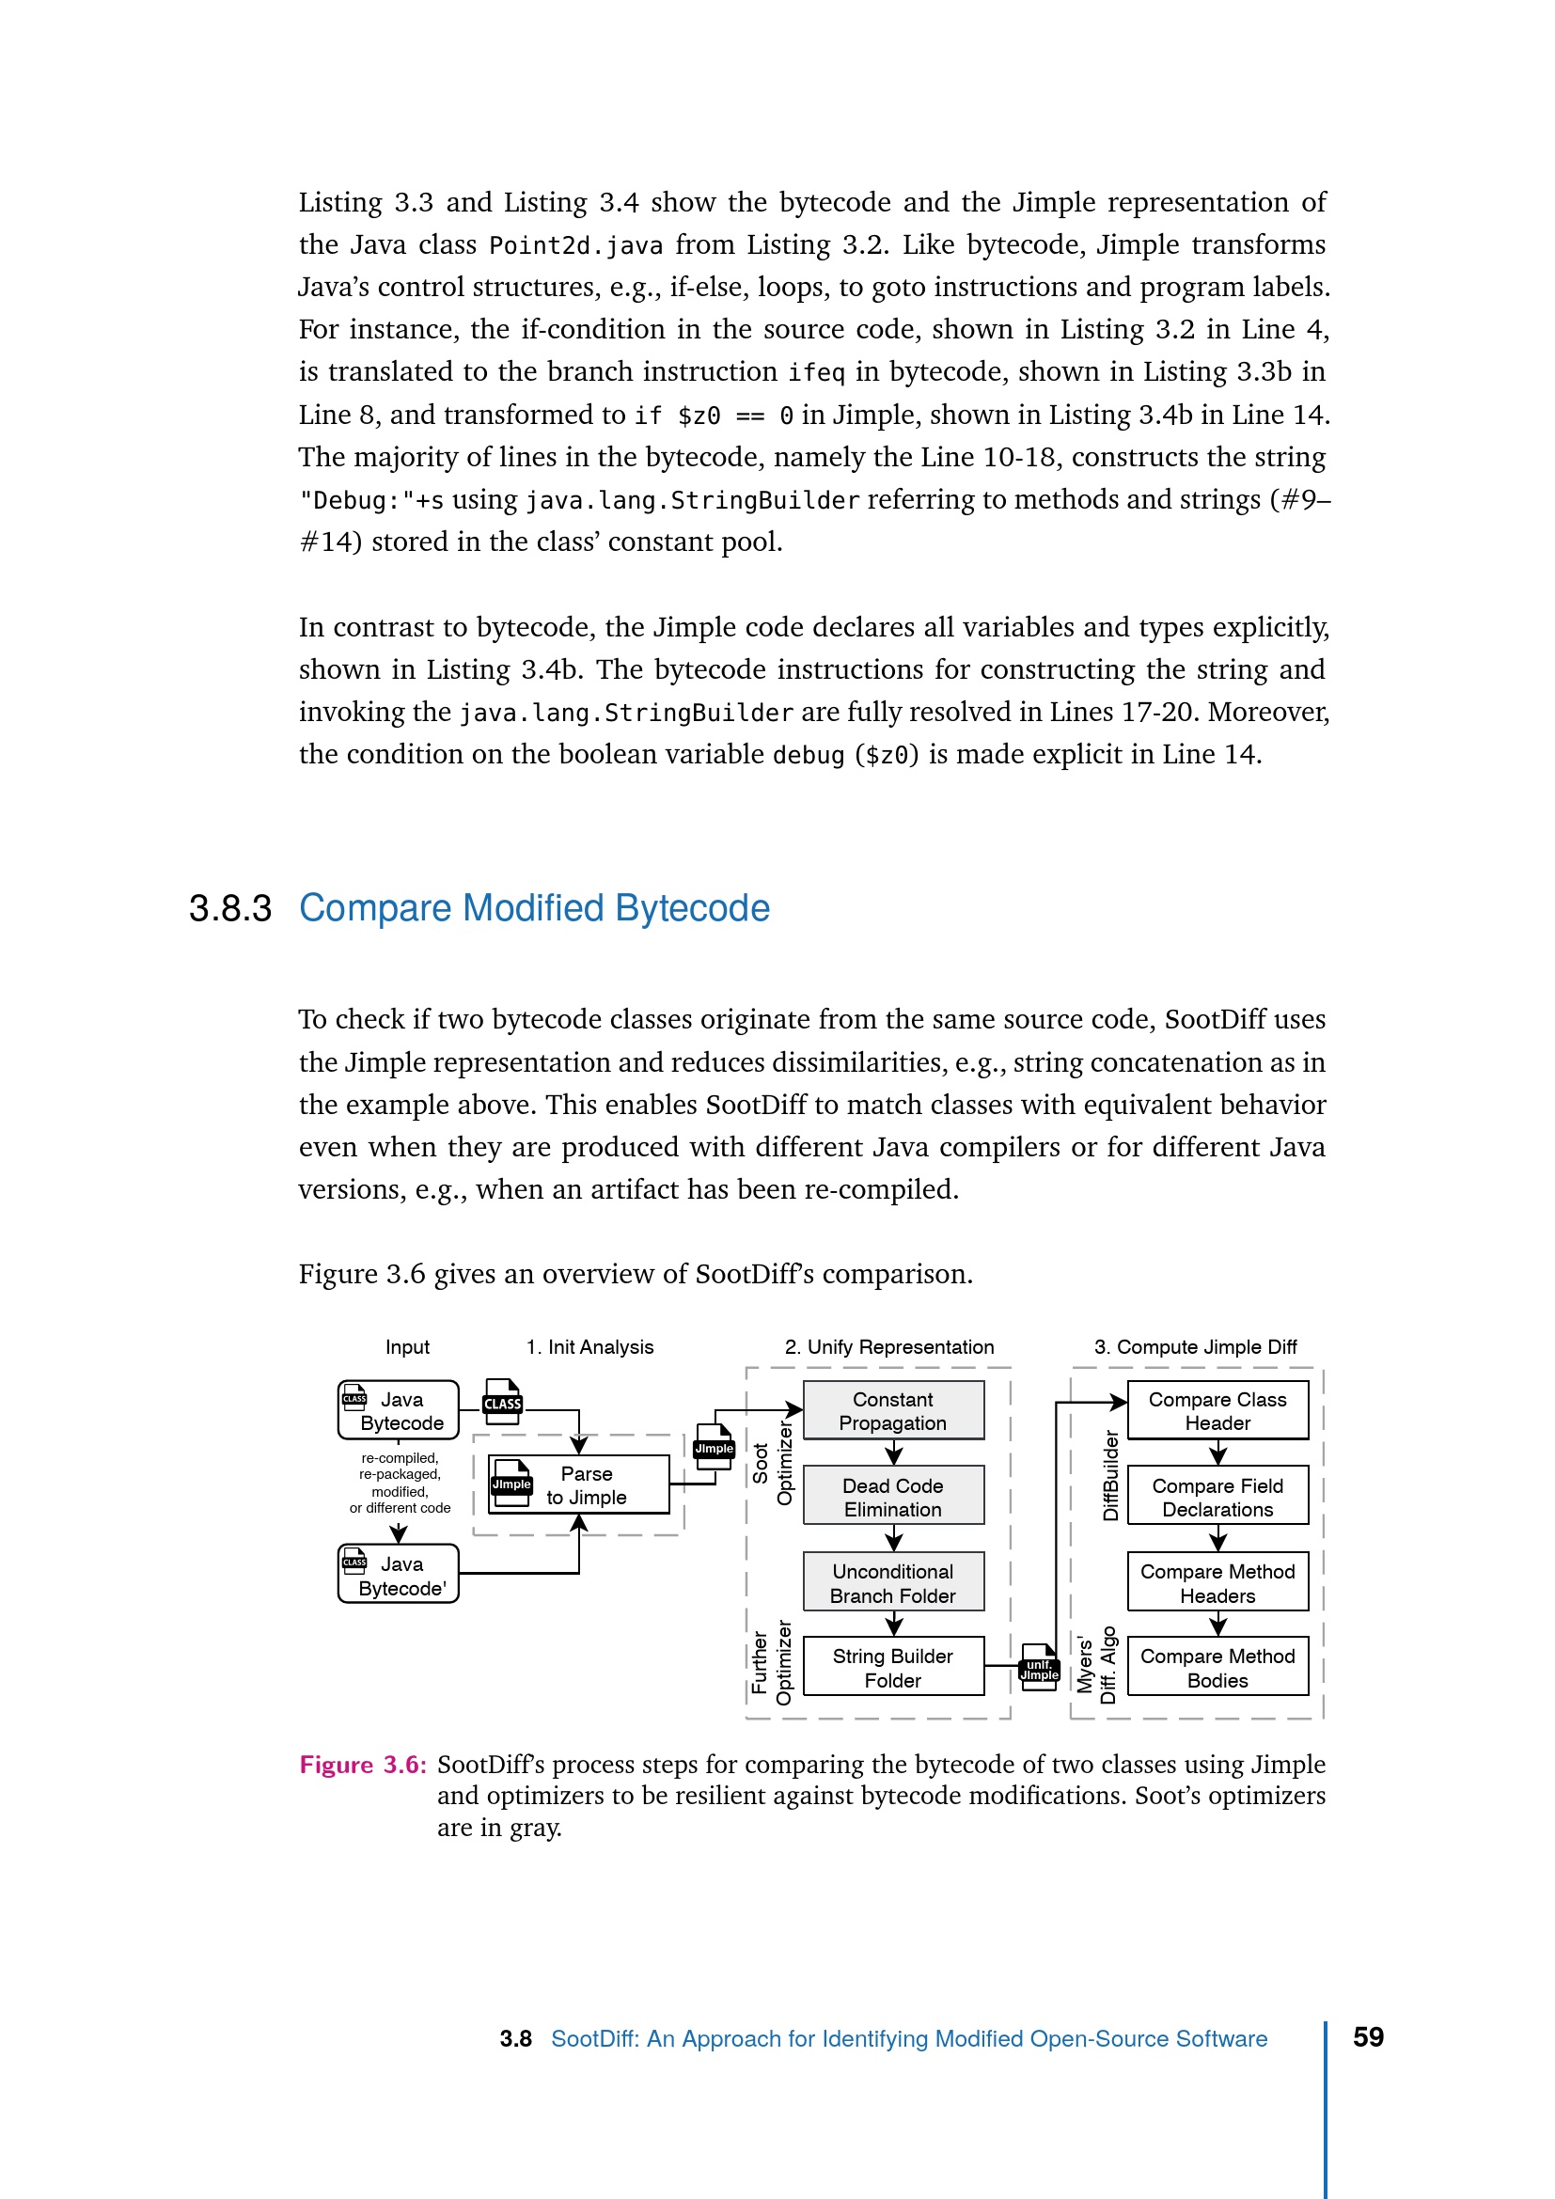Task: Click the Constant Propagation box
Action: (x=892, y=1410)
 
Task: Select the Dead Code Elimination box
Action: (x=892, y=1496)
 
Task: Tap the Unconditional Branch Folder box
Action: (x=892, y=1582)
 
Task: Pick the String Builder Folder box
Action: (x=892, y=1668)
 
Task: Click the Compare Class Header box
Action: (x=1217, y=1410)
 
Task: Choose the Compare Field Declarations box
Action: (x=1217, y=1496)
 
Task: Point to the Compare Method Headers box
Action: (x=1217, y=1582)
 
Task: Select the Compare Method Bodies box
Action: (x=1217, y=1668)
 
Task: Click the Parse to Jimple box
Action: (x=579, y=1484)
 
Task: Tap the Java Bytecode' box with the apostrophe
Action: (x=399, y=1575)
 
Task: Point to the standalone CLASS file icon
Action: (x=503, y=1401)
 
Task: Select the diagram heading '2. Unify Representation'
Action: (x=888, y=1346)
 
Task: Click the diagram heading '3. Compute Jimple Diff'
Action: (x=1195, y=1346)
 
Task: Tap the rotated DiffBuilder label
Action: (x=1110, y=1475)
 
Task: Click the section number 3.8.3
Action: (x=229, y=908)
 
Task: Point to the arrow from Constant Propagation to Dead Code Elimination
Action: (x=893, y=1453)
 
